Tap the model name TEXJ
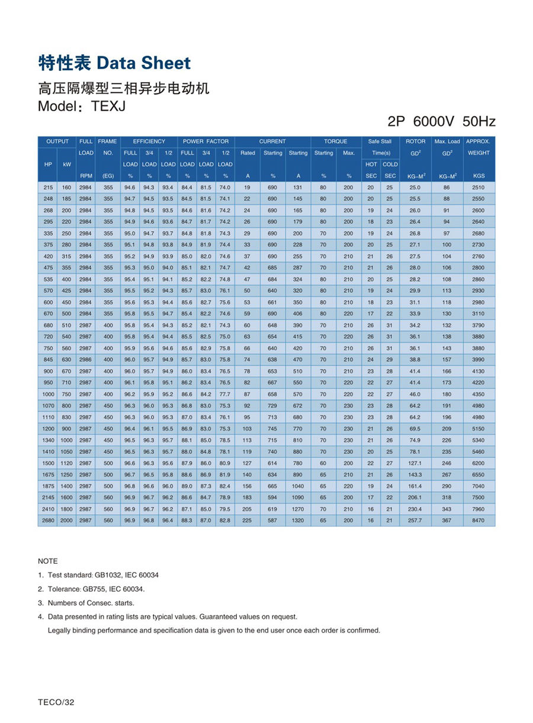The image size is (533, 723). coord(108,106)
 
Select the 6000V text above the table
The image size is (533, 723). coord(434,122)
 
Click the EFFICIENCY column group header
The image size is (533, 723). coord(149,141)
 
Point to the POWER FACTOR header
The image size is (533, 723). coord(206,141)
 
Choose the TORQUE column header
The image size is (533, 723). coord(335,141)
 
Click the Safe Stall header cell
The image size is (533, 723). coord(380,141)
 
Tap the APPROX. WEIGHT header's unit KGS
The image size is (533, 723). coord(479,176)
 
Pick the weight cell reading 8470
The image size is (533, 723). coord(479,521)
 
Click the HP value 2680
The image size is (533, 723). coord(47,521)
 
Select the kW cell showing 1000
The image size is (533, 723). coord(66,440)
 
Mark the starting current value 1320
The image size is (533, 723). coord(297,521)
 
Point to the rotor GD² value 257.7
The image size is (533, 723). coord(415,521)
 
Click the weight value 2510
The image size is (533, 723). coord(479,188)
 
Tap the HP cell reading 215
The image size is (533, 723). coord(47,188)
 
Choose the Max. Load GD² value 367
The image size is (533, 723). coord(447,521)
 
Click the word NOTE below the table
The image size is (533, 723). coord(48,561)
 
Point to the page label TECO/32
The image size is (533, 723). coord(56,702)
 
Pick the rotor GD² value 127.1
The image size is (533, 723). coord(415,463)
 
